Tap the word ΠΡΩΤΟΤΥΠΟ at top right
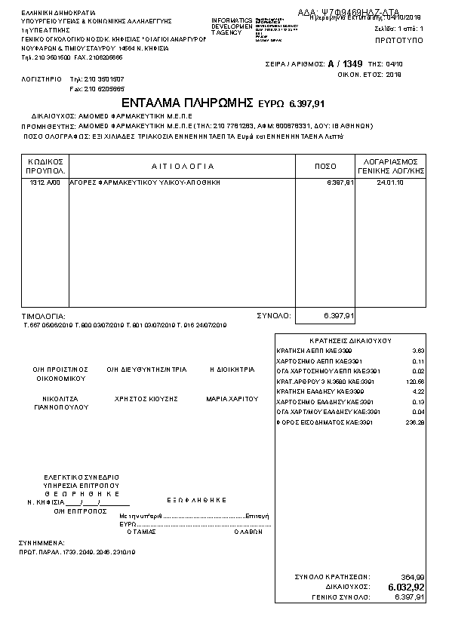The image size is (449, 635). (398, 37)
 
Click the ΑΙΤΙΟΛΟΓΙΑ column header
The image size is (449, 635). (183, 166)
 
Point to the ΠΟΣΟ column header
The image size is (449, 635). (325, 166)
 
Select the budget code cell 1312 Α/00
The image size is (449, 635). (43, 183)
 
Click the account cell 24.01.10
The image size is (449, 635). (389, 183)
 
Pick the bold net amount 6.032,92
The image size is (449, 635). (406, 587)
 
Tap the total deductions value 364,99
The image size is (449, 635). (412, 577)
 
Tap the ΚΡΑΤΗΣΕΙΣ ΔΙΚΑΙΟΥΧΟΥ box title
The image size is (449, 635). (350, 341)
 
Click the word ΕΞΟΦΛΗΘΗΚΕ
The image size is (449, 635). (197, 499)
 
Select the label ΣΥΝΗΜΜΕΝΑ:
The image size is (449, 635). (42, 542)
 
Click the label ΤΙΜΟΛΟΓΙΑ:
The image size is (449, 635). (44, 316)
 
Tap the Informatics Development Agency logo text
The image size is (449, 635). (232, 26)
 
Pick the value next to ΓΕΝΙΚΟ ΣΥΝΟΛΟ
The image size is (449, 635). (410, 597)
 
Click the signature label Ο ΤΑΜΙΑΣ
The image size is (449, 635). (141, 530)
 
